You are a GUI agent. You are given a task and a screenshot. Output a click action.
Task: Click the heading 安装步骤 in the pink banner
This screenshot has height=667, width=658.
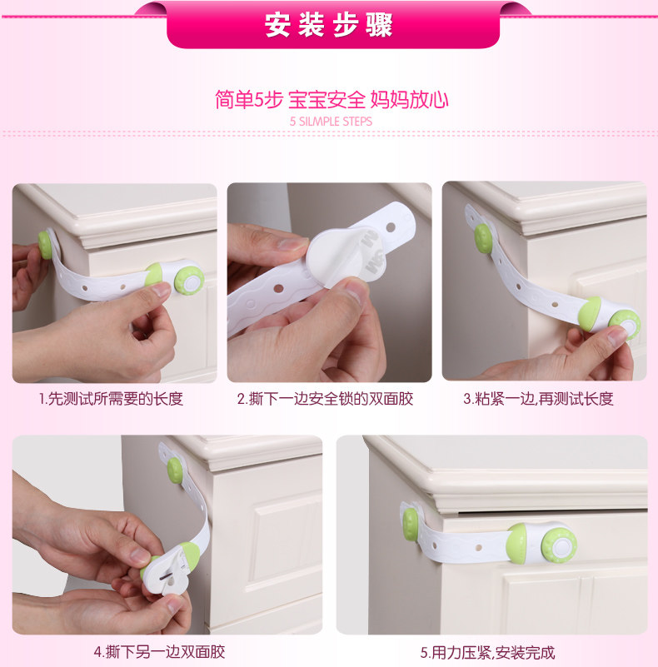(329, 25)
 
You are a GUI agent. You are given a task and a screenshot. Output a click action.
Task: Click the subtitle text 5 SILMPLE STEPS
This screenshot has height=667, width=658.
(331, 122)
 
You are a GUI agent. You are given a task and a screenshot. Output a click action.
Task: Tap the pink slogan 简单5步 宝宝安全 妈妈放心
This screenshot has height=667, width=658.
(331, 101)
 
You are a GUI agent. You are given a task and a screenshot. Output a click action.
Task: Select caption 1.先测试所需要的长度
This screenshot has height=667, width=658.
(111, 399)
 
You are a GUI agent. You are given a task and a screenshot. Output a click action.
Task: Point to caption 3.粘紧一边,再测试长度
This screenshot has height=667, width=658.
(538, 399)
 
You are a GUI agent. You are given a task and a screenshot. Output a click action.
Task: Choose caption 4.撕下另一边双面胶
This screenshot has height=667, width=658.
(159, 651)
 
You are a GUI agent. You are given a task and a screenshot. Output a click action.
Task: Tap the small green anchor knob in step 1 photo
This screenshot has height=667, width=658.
(45, 244)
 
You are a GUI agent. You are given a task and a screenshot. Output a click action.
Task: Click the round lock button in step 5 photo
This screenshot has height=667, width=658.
(559, 545)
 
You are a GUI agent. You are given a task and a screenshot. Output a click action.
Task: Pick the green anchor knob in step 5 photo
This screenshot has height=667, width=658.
(411, 523)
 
